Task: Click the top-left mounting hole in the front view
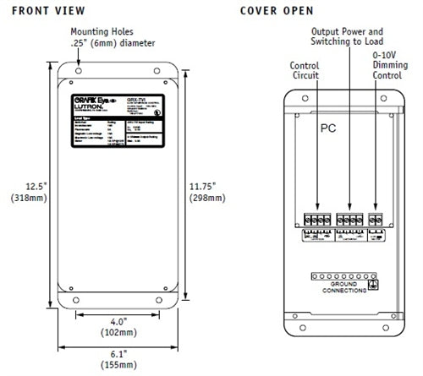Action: point(78,65)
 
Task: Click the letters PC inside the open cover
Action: point(328,132)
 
